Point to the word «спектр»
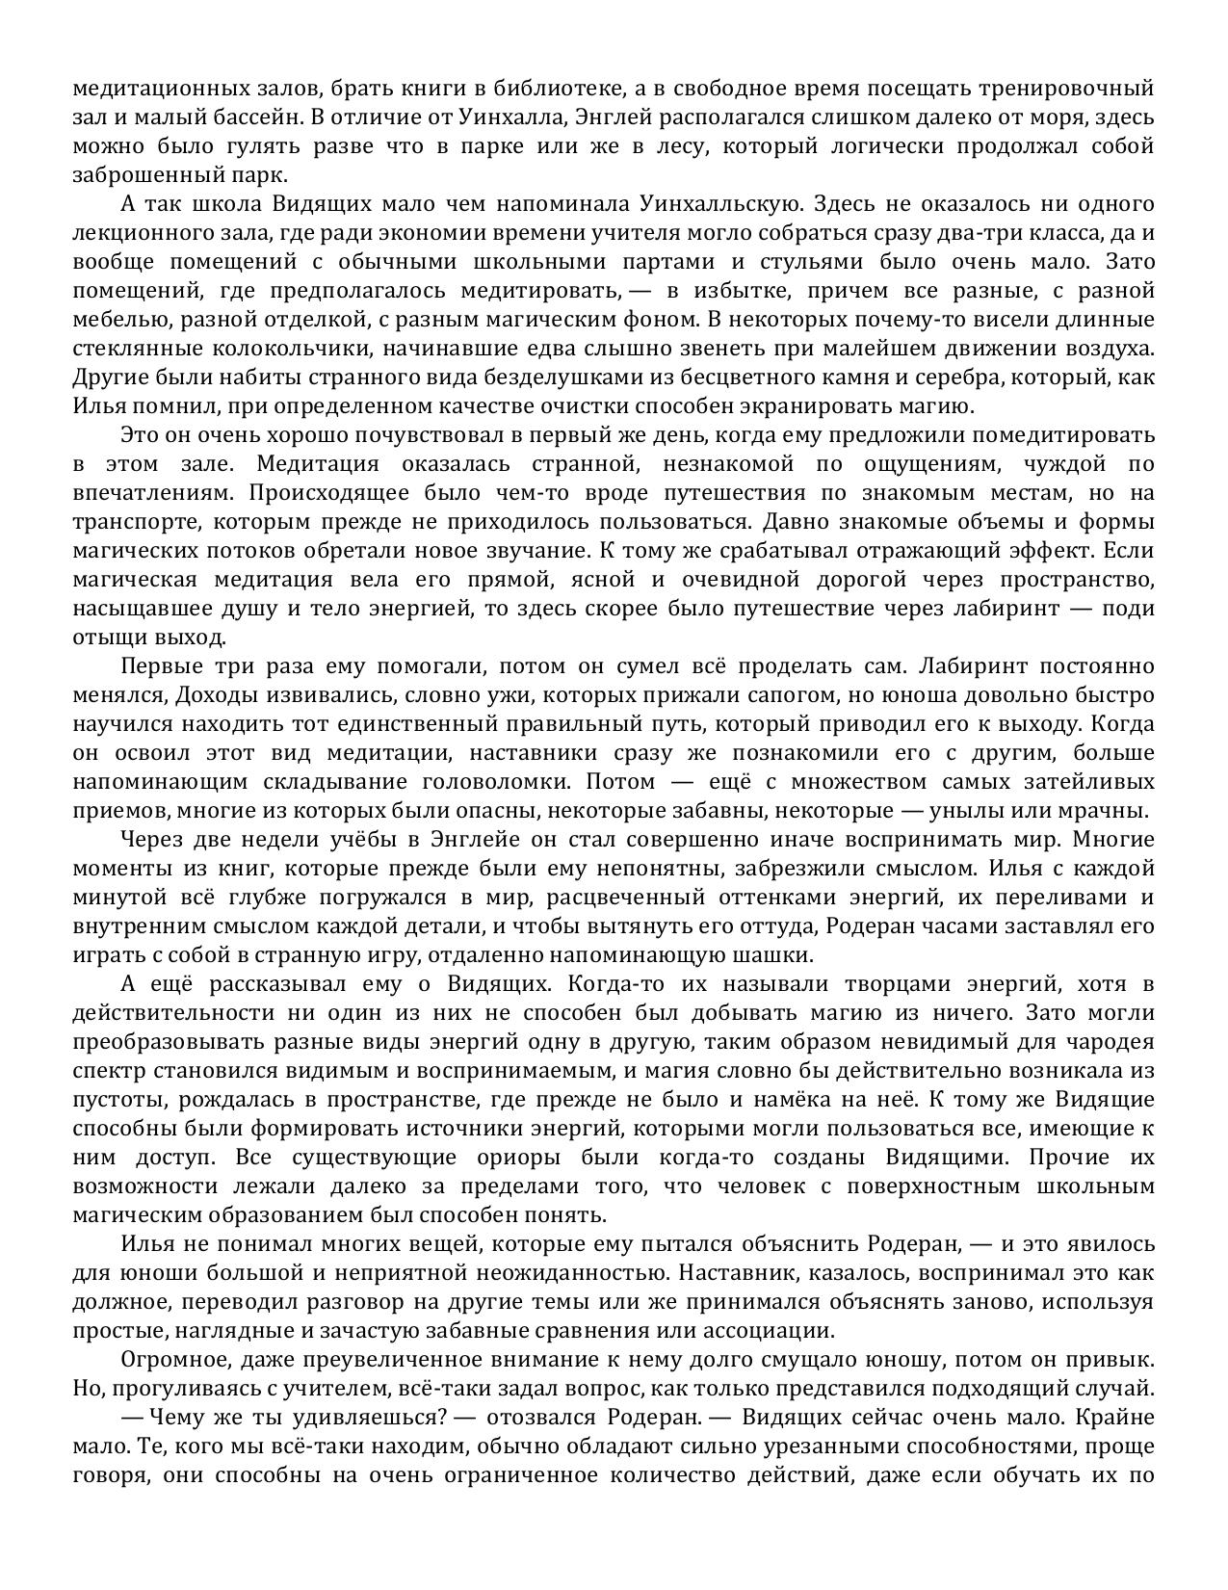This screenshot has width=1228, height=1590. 103,1071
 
